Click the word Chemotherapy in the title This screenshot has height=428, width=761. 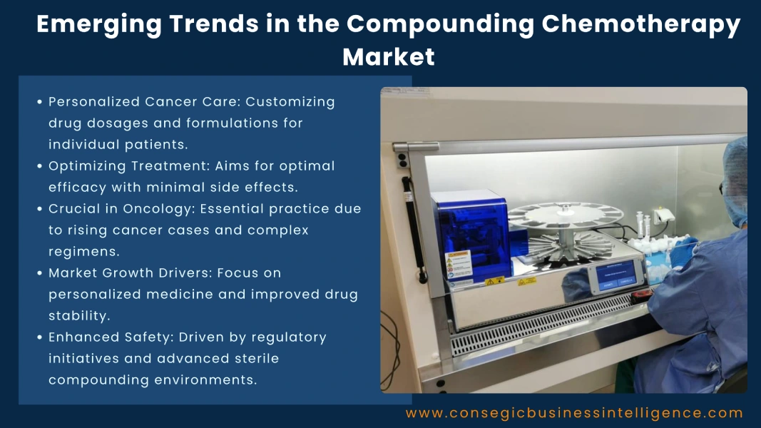[641, 24]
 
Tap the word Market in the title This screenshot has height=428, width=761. [389, 56]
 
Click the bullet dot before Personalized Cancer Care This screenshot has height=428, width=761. [40, 102]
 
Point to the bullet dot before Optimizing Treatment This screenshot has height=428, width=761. [40, 166]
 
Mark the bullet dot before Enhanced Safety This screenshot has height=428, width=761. [40, 337]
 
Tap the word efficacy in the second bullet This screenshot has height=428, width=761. [75, 187]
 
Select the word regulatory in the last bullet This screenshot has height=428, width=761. [292, 337]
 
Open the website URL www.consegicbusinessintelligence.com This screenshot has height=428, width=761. [574, 413]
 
